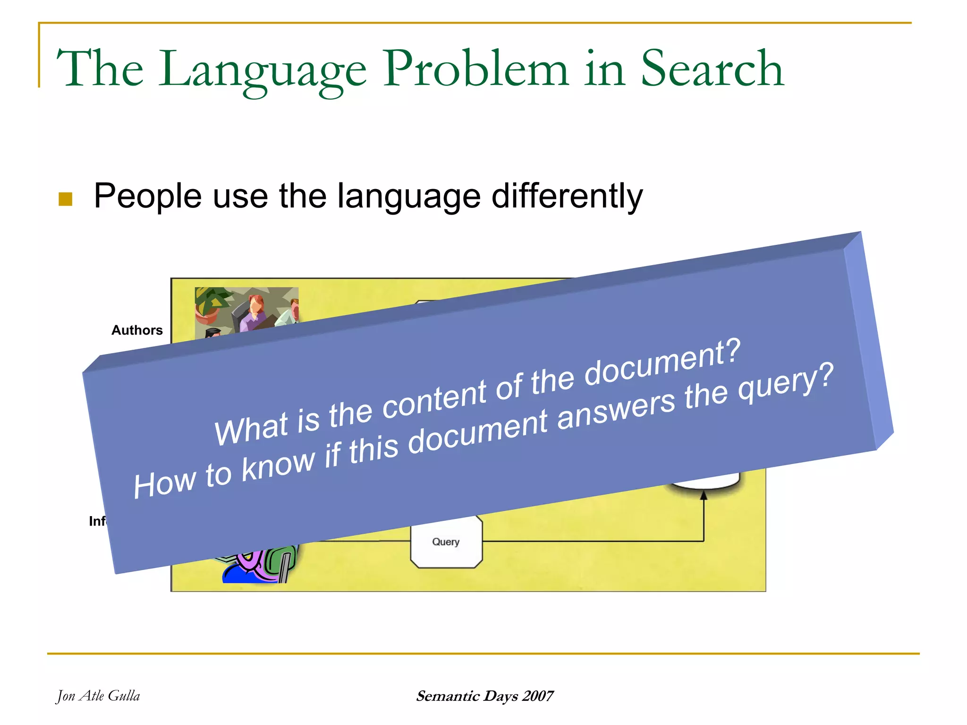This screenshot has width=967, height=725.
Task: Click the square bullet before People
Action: [65, 199]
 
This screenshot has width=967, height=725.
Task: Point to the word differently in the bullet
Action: [567, 196]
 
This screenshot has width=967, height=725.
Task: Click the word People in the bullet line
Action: [147, 196]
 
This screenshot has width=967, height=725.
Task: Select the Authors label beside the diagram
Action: [137, 330]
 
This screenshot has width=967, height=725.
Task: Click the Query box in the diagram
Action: [446, 542]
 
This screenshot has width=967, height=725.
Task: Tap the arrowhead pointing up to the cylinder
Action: [704, 495]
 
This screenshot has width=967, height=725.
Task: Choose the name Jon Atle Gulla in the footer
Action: [98, 696]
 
